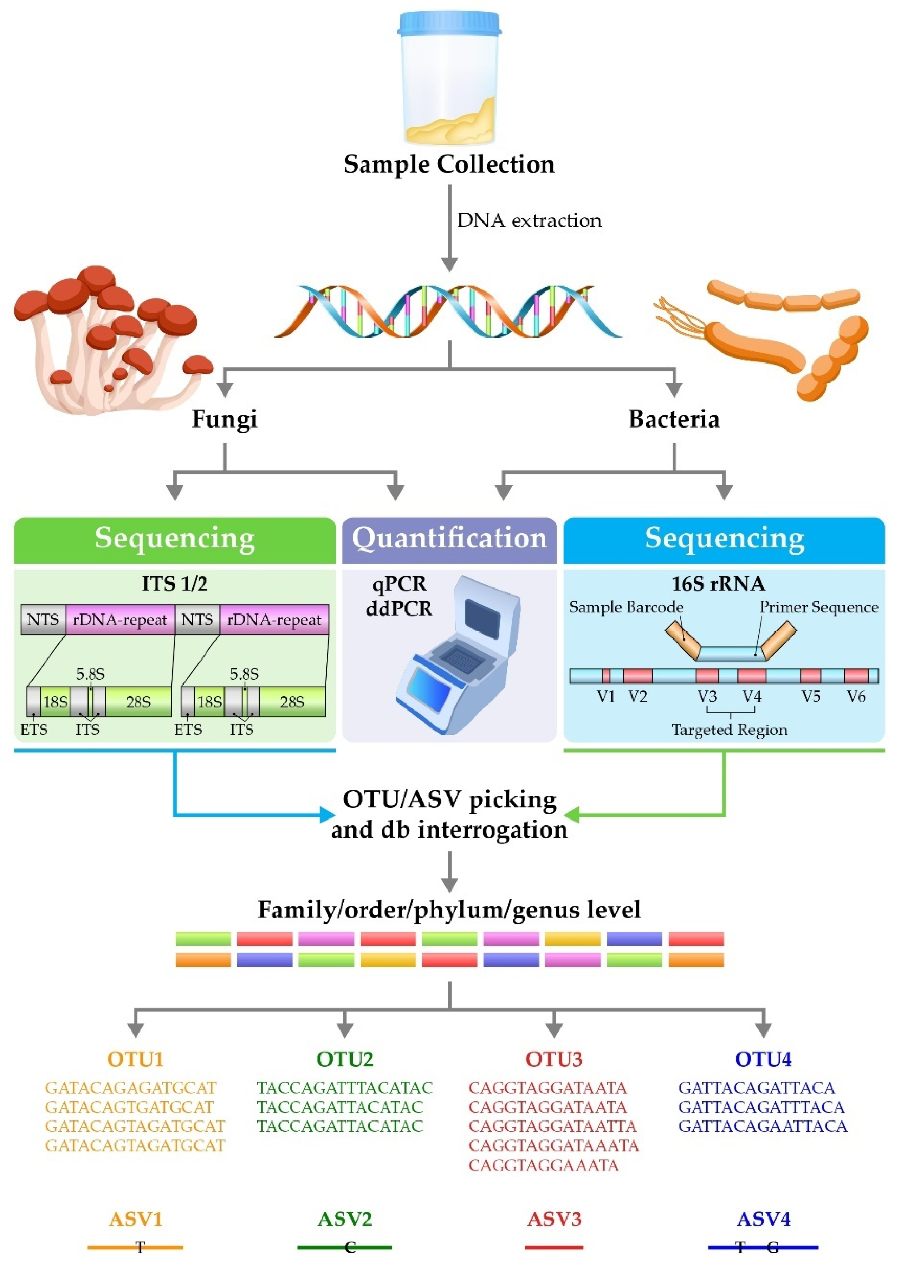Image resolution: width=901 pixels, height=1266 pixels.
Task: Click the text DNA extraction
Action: coord(529,221)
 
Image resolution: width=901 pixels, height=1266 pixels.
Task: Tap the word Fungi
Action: coord(224,419)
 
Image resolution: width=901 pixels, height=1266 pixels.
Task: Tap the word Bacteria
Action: coord(674,419)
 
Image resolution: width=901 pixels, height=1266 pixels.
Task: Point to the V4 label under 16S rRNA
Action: coord(752,696)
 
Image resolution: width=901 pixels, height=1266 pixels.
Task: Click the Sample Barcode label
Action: coord(626,607)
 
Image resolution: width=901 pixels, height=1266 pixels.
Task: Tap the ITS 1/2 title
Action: coord(174,584)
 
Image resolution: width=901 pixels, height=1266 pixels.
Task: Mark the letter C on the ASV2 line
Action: coord(350,1248)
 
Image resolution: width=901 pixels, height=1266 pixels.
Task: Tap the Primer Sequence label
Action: coord(818,607)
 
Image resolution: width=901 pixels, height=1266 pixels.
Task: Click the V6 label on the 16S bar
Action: coord(856,696)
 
